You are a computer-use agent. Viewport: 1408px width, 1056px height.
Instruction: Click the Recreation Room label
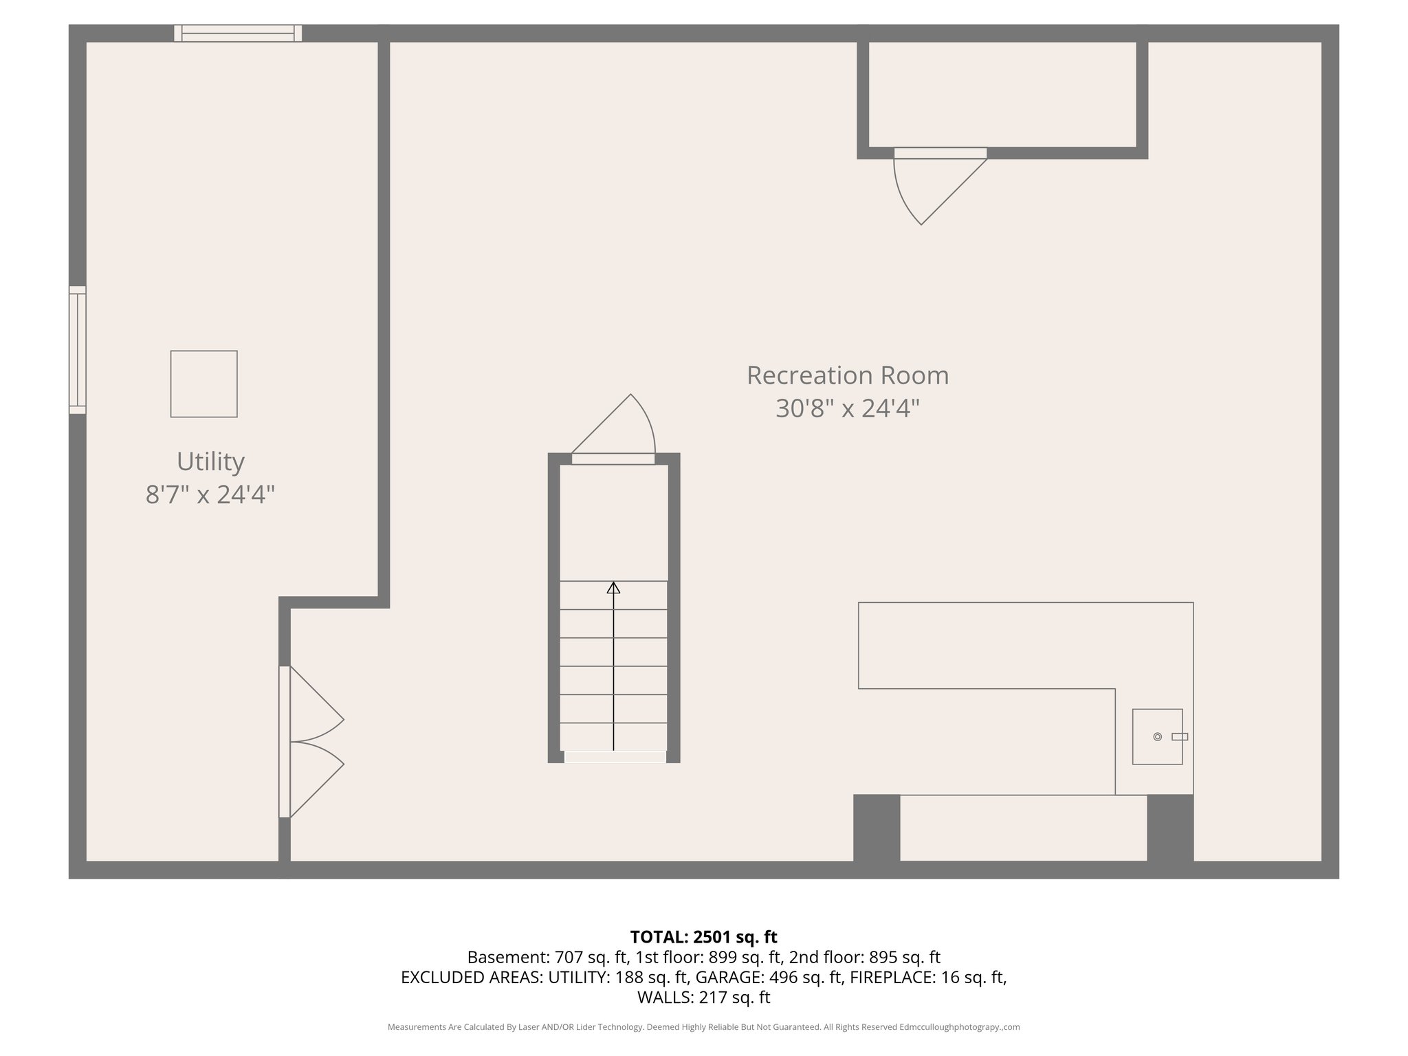[x=847, y=375]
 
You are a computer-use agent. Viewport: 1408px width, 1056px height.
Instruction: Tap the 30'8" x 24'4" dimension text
[x=847, y=409]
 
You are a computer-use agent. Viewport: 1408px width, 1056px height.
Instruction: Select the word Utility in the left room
[x=210, y=461]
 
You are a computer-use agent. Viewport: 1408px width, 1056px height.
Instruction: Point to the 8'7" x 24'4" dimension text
[x=210, y=494]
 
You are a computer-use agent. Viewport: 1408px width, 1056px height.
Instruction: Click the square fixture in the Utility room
[x=204, y=384]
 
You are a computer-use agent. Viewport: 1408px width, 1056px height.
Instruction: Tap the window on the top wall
[x=238, y=33]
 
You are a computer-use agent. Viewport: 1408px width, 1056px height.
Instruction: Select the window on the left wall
[x=78, y=350]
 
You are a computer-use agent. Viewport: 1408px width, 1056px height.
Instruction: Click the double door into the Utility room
[x=309, y=742]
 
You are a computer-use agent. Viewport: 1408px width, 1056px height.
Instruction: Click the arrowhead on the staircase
[x=613, y=588]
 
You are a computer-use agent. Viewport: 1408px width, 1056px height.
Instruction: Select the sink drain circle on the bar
[x=1158, y=737]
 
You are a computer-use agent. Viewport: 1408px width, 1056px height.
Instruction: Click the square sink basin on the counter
[x=1158, y=737]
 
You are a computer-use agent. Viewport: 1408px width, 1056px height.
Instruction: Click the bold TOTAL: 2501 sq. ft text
[x=703, y=937]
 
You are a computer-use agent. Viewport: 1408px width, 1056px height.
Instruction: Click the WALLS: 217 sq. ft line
[x=703, y=998]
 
